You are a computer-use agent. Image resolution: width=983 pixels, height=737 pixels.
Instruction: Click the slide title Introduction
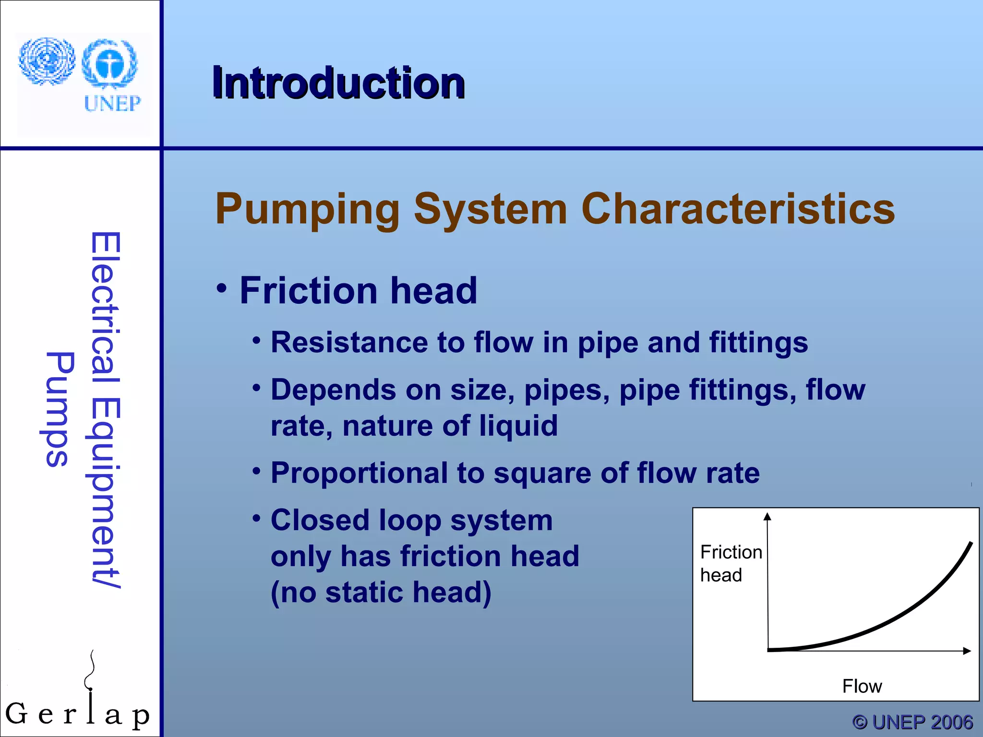coord(338,83)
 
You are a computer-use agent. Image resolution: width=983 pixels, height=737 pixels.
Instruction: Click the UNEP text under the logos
coord(112,103)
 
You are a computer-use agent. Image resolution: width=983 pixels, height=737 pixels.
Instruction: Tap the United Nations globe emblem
coord(47,61)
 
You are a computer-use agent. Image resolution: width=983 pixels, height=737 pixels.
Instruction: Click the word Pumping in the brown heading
coord(307,210)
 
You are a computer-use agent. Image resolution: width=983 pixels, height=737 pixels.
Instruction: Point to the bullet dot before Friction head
coord(221,289)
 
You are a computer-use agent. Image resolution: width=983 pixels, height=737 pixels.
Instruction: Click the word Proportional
coord(359,473)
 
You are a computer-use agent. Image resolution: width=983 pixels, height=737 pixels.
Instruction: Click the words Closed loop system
coord(411,520)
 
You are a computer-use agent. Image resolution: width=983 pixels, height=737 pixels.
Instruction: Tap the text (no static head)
coord(381,592)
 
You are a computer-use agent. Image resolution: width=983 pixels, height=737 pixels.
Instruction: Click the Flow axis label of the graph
coord(862,686)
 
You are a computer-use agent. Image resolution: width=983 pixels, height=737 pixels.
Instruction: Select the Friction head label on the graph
coord(730,563)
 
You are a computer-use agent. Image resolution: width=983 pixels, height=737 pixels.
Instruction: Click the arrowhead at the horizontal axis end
coord(967,651)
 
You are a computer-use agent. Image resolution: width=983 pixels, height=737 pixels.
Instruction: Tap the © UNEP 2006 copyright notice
coord(912,722)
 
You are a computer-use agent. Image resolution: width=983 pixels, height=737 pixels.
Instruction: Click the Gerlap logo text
coord(77,714)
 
